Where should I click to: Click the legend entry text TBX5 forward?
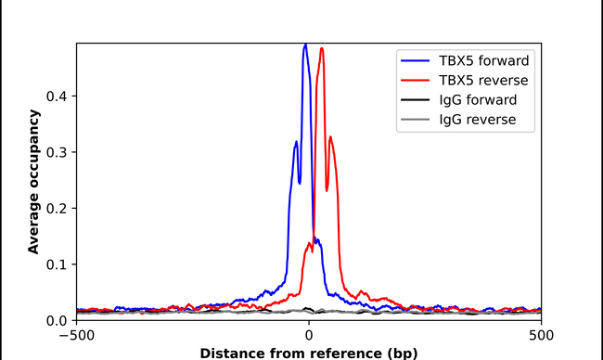click(x=483, y=60)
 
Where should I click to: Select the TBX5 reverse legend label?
click(x=482, y=80)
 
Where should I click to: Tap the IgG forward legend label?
click(x=478, y=99)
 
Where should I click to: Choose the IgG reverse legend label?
click(x=477, y=119)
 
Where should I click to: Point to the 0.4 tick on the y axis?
click(x=58, y=96)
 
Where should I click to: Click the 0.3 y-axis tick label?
click(x=58, y=152)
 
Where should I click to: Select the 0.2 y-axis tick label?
click(x=58, y=209)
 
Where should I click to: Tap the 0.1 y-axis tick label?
click(x=58, y=264)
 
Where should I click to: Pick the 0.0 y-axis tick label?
click(x=58, y=320)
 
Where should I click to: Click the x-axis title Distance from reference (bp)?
click(x=309, y=352)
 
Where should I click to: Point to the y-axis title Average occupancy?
click(x=33, y=182)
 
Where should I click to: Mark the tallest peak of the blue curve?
click(x=305, y=45)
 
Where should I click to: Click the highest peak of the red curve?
click(x=322, y=49)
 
